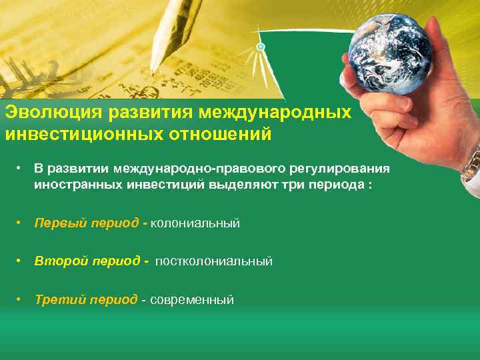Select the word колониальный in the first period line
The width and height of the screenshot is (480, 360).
(195, 223)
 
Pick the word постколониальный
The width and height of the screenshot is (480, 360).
(214, 261)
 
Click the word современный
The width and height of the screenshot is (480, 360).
(192, 299)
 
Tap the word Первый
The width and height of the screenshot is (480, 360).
(55, 223)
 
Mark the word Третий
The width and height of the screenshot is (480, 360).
(55, 299)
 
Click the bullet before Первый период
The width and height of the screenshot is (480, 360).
(22, 223)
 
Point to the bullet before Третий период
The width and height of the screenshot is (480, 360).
(22, 299)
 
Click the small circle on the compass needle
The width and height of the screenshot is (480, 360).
(261, 47)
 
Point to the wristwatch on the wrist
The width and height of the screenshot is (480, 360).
(472, 163)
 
